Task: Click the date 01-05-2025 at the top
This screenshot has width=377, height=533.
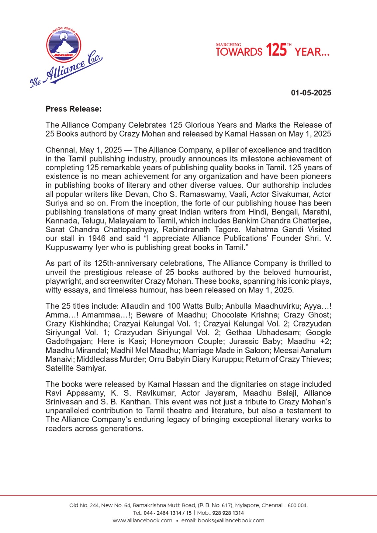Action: click(x=311, y=93)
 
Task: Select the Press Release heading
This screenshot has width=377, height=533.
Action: click(x=74, y=109)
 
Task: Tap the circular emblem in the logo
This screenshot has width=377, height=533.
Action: click(x=63, y=45)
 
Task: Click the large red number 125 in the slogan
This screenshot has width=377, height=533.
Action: click(x=276, y=50)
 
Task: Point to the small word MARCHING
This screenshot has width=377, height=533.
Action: click(x=228, y=45)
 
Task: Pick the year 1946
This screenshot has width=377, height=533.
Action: click(x=97, y=239)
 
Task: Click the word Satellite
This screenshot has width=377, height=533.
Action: click(x=60, y=368)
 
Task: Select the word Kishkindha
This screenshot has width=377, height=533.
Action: click(x=89, y=324)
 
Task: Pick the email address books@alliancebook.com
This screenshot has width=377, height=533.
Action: click(x=231, y=521)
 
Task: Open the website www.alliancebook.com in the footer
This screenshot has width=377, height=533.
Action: click(x=143, y=521)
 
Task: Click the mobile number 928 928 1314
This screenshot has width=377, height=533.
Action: click(x=228, y=513)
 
